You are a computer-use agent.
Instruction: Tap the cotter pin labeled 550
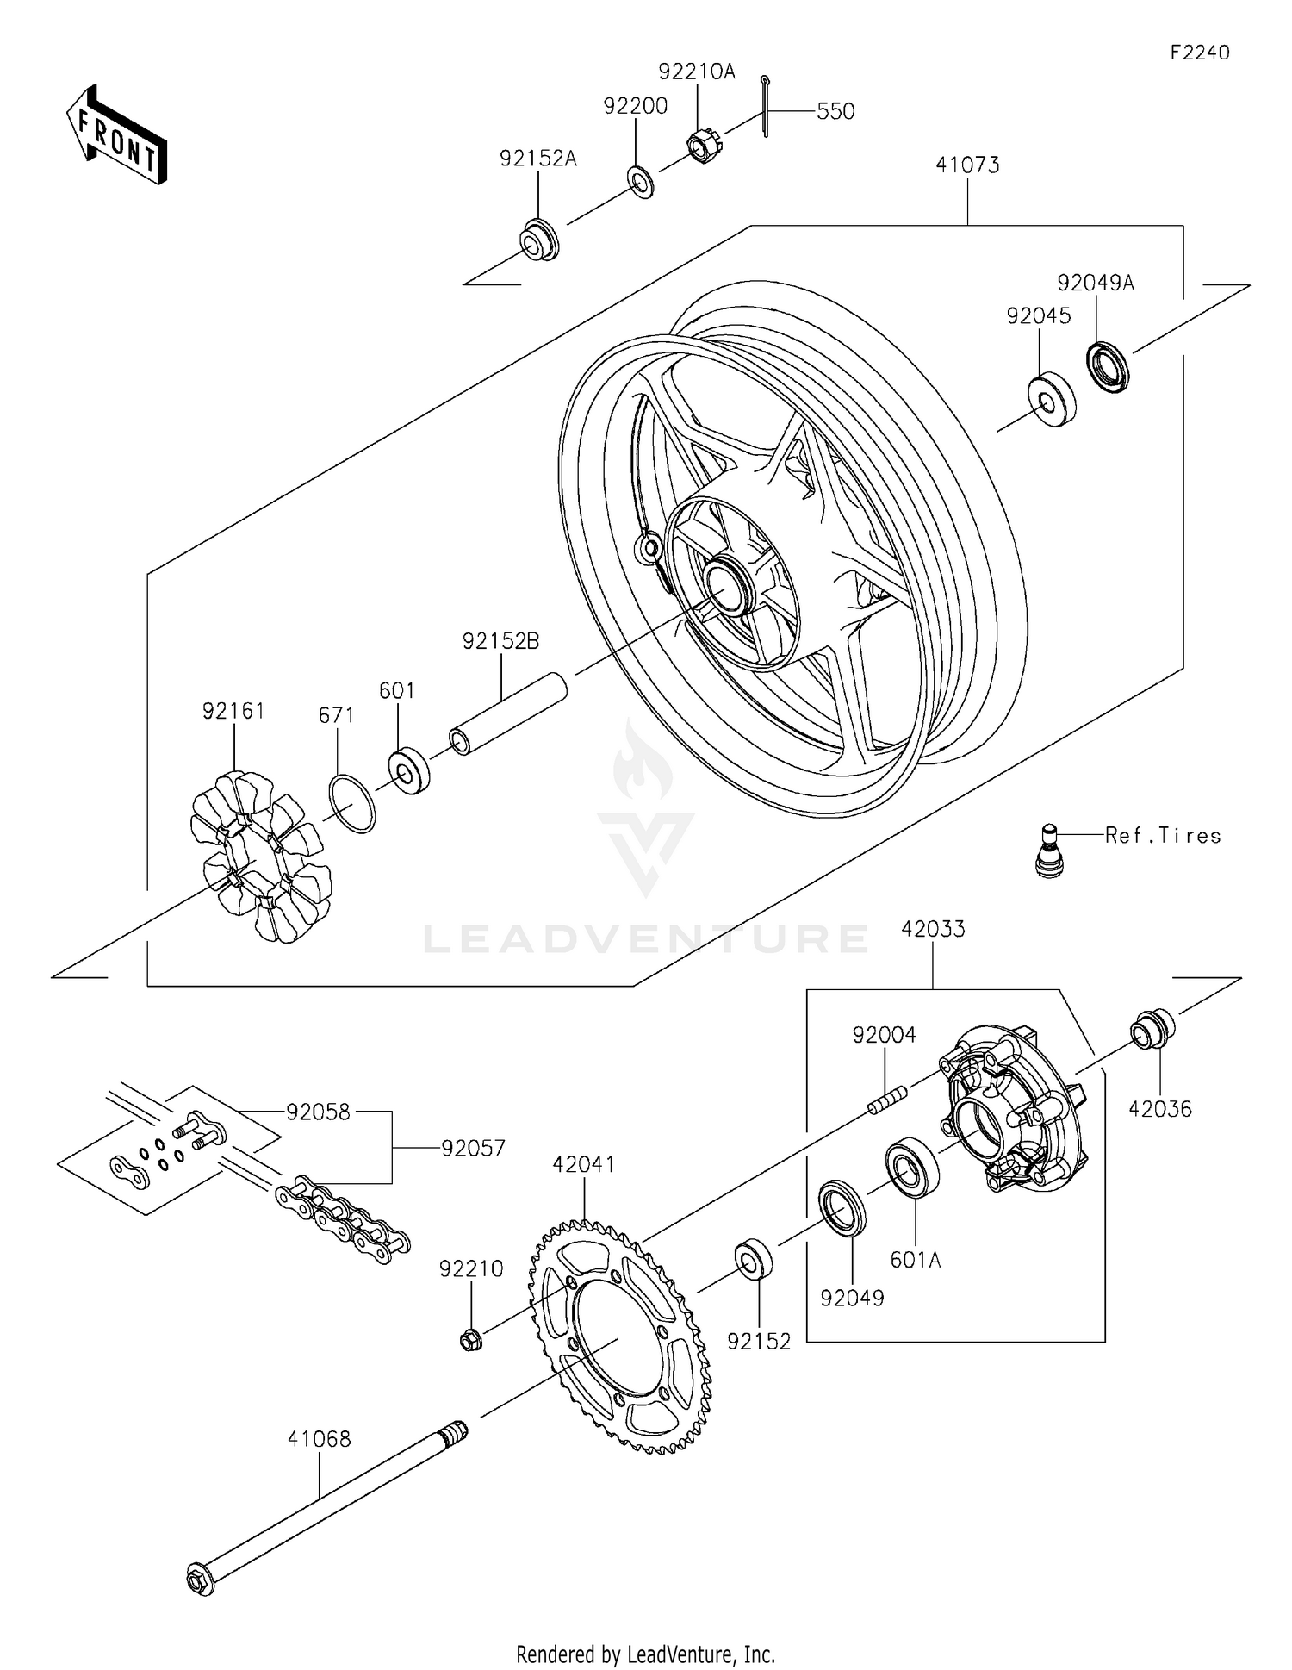[x=765, y=106]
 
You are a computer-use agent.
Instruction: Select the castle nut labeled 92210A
[x=704, y=146]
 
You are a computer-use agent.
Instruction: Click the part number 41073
[x=967, y=165]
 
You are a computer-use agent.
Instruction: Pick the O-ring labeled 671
[x=351, y=803]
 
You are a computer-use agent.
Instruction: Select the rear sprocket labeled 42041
[x=618, y=1336]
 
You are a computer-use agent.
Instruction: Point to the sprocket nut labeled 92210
[x=470, y=1340]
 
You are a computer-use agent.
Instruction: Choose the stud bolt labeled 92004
[x=887, y=1100]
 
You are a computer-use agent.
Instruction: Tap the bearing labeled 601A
[x=911, y=1164]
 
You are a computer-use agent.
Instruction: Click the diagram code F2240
[x=1199, y=53]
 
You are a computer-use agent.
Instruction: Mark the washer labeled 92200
[x=640, y=183]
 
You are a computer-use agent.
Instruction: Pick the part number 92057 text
[x=473, y=1148]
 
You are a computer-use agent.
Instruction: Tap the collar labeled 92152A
[x=540, y=240]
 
